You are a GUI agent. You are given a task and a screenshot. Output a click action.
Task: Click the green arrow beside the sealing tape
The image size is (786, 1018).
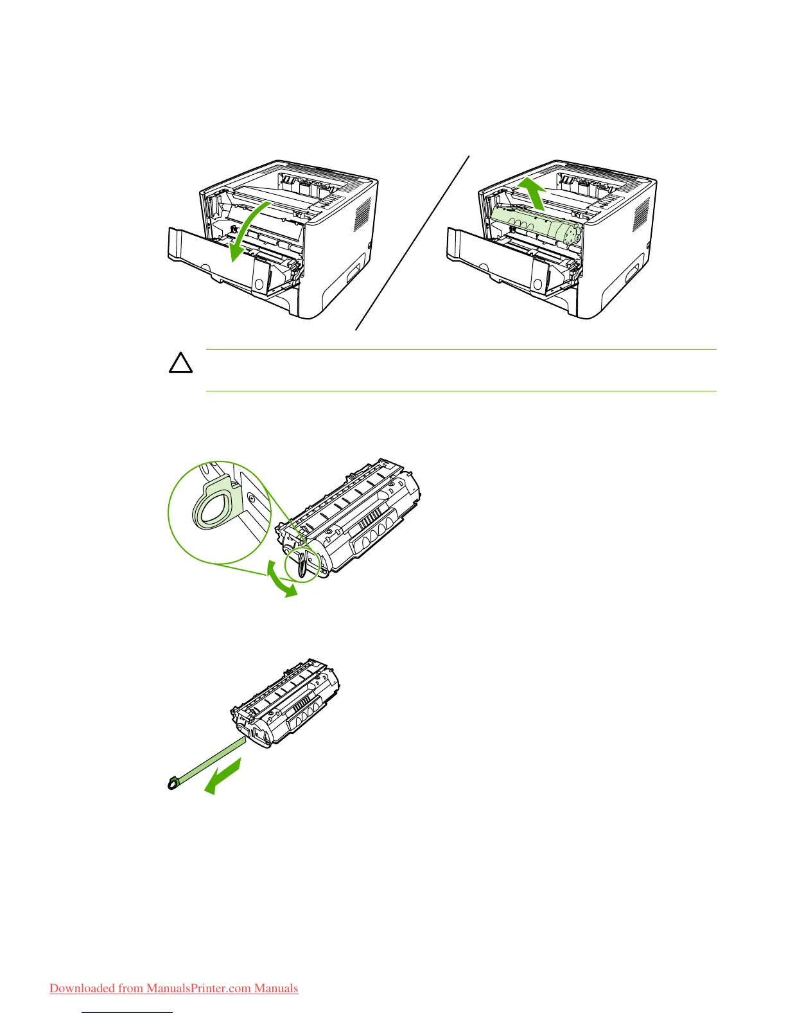click(225, 775)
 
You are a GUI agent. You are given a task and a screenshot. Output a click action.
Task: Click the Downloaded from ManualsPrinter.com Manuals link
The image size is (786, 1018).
click(173, 988)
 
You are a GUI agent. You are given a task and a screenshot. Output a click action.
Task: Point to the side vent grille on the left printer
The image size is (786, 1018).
click(363, 215)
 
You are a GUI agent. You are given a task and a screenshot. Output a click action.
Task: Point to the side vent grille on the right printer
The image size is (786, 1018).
click(642, 215)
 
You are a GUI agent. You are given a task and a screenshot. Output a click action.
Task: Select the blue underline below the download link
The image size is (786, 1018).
click(128, 1012)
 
